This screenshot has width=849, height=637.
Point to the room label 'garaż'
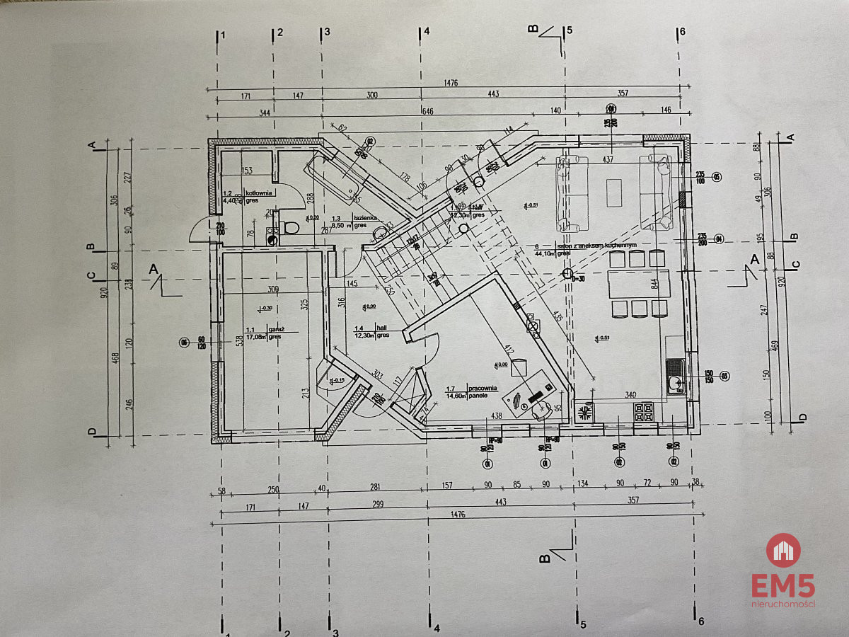tap(276, 328)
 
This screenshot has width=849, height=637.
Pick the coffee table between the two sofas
tap(613, 193)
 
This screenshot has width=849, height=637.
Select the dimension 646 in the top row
tap(427, 112)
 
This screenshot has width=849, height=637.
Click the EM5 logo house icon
tap(783, 550)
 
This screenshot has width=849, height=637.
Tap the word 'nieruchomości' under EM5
tap(783, 604)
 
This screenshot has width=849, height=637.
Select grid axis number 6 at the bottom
tap(701, 621)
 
